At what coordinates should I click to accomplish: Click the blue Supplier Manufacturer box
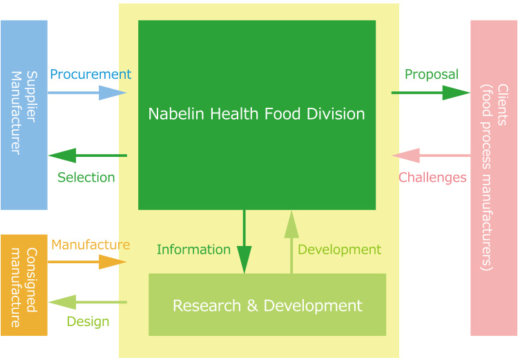23,115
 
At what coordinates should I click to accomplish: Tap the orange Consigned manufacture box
23,285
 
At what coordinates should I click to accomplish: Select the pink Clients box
493,178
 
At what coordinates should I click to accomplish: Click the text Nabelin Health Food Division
256,113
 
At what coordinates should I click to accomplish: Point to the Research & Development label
267,305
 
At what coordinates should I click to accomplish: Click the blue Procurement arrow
87,92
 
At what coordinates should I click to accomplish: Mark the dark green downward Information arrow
244,242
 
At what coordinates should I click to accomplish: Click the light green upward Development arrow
291,242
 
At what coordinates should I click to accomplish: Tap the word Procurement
90,74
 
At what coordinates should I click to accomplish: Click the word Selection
86,178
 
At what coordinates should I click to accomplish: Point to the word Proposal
432,74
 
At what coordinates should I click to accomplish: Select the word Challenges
433,178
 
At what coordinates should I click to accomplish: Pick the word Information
193,249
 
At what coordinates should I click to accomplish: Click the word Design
88,321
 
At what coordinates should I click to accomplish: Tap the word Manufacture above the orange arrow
90,244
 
